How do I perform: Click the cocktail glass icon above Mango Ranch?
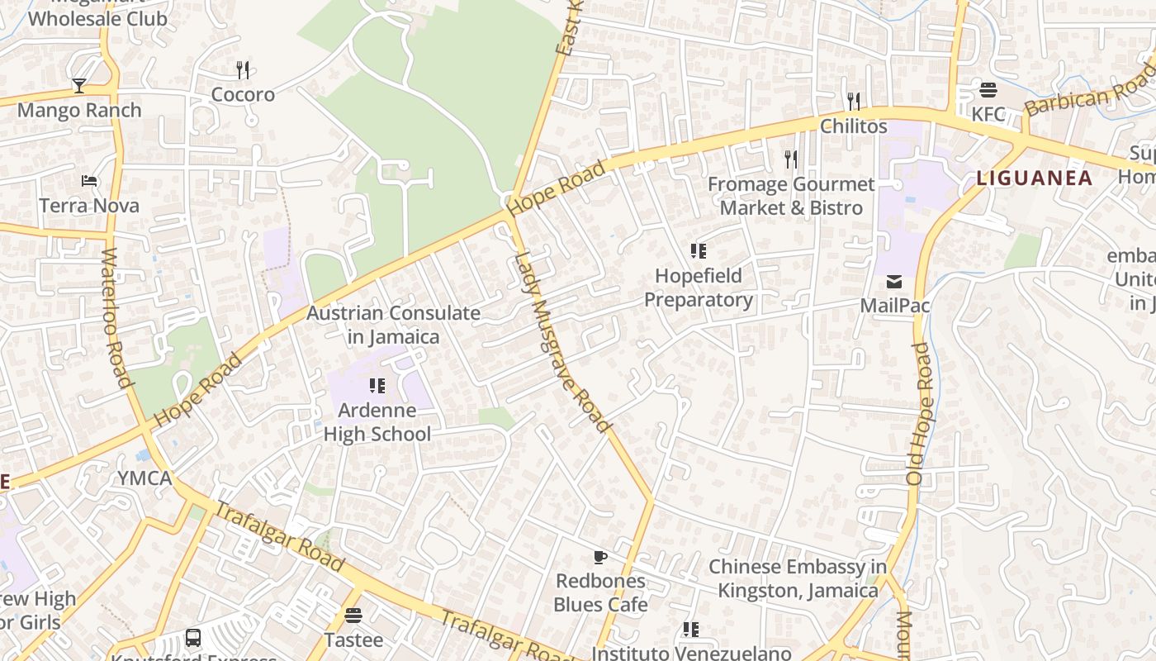click(x=78, y=85)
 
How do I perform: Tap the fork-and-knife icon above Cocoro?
click(x=243, y=70)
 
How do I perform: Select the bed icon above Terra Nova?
click(x=89, y=181)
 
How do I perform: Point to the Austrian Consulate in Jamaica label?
click(x=393, y=325)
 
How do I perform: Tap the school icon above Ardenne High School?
click(x=377, y=386)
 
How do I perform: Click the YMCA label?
click(x=144, y=478)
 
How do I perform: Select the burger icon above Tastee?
click(x=353, y=616)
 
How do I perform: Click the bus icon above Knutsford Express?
click(x=193, y=638)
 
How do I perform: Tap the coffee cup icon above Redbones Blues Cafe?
click(x=600, y=557)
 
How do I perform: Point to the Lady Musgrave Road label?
click(x=561, y=340)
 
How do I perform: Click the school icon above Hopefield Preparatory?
click(x=699, y=251)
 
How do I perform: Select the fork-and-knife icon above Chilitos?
click(x=854, y=102)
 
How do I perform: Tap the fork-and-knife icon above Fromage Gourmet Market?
click(x=791, y=159)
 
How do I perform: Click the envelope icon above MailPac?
click(x=894, y=282)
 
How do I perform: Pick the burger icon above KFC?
click(x=988, y=89)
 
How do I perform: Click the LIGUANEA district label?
click(x=1034, y=178)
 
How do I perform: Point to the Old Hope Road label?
click(x=918, y=413)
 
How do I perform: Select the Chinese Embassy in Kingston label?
click(x=798, y=578)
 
